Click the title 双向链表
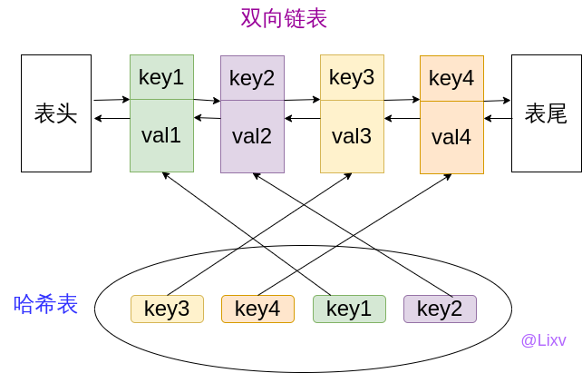click(284, 18)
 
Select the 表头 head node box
click(56, 113)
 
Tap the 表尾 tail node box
click(546, 113)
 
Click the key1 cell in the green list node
click(162, 77)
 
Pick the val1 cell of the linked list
click(162, 135)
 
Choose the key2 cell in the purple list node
click(252, 78)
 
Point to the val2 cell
click(252, 136)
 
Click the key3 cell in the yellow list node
click(352, 77)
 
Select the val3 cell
click(352, 136)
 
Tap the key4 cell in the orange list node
click(451, 78)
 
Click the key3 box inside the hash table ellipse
click(167, 309)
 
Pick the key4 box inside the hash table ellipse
click(257, 309)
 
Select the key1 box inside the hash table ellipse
click(349, 309)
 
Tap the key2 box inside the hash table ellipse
click(440, 309)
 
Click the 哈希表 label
click(46, 304)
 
